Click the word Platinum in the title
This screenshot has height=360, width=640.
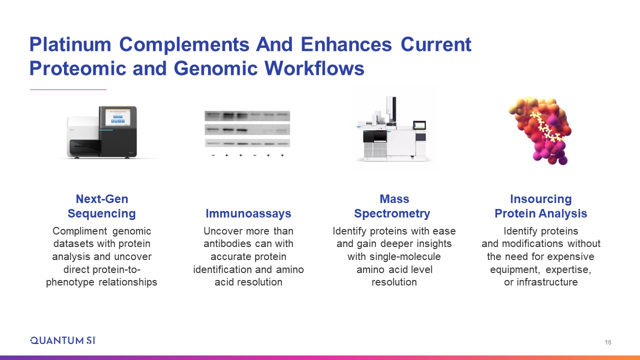point(70,44)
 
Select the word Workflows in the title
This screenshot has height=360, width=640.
point(314,68)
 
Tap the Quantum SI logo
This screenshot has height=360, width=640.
point(63,340)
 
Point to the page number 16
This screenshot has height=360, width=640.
point(607,342)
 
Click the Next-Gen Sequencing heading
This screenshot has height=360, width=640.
point(101,206)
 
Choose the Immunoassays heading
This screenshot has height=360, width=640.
point(248,213)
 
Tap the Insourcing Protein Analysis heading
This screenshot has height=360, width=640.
point(541,206)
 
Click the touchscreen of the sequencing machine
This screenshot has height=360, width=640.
point(118,117)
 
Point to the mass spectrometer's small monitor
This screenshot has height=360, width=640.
point(419,125)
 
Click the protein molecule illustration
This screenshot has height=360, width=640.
point(540,130)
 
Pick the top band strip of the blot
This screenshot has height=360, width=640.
point(247,115)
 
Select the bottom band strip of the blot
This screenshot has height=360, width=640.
point(247,143)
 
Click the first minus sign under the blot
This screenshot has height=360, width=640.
point(213,155)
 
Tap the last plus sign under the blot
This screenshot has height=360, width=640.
point(282,155)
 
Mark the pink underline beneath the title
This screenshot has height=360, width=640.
point(68,89)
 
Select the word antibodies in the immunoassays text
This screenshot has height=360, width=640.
point(228,243)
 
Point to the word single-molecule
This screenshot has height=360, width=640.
point(405,256)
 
